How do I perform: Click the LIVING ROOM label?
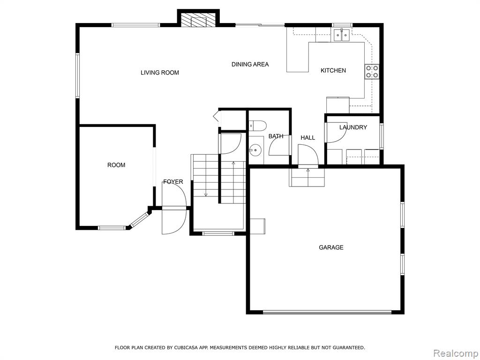(159, 73)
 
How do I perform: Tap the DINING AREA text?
(250, 64)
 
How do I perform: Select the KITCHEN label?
(333, 70)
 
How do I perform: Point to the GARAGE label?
(331, 247)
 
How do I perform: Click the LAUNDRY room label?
(353, 127)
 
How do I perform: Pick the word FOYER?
(173, 182)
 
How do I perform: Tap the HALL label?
(307, 138)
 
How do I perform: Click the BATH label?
(276, 136)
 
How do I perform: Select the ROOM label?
(116, 165)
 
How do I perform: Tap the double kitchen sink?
(342, 35)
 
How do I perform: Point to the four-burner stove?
(372, 72)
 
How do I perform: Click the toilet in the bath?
(258, 125)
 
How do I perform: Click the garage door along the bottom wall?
(327, 312)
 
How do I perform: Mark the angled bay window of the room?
(140, 219)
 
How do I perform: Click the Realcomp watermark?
(455, 353)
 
